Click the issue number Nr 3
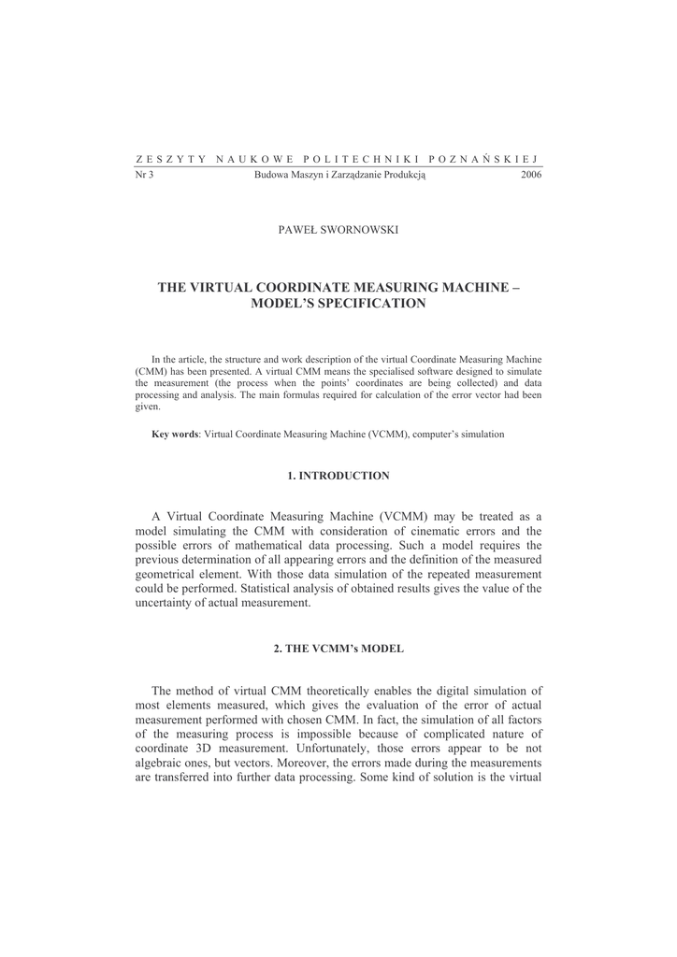tap(144, 174)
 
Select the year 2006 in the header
tap(530, 174)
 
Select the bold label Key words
tap(175, 434)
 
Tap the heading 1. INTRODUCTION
tap(338, 476)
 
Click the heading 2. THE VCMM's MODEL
tap(338, 648)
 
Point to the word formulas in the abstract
tap(324, 395)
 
